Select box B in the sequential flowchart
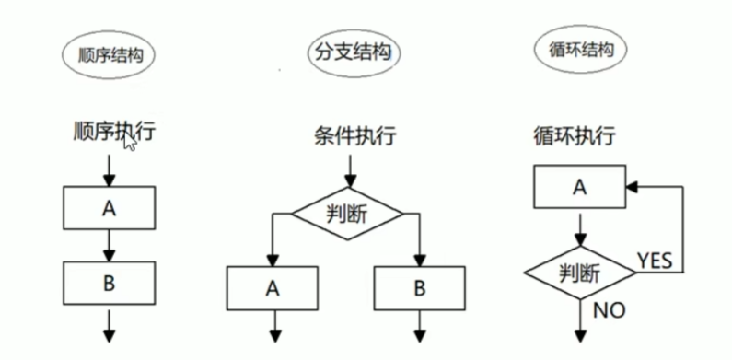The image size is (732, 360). (x=110, y=283)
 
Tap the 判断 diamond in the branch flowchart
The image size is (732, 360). (x=347, y=214)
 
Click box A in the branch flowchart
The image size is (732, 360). (x=273, y=287)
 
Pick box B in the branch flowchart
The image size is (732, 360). (x=419, y=287)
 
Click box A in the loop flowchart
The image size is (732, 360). (x=579, y=188)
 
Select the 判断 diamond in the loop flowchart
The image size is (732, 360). (x=579, y=273)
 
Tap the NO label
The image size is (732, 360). (x=608, y=310)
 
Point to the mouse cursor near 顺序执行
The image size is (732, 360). (x=130, y=142)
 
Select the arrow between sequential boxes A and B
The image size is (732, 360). (x=110, y=244)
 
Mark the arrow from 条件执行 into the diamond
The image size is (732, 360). (x=347, y=169)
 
